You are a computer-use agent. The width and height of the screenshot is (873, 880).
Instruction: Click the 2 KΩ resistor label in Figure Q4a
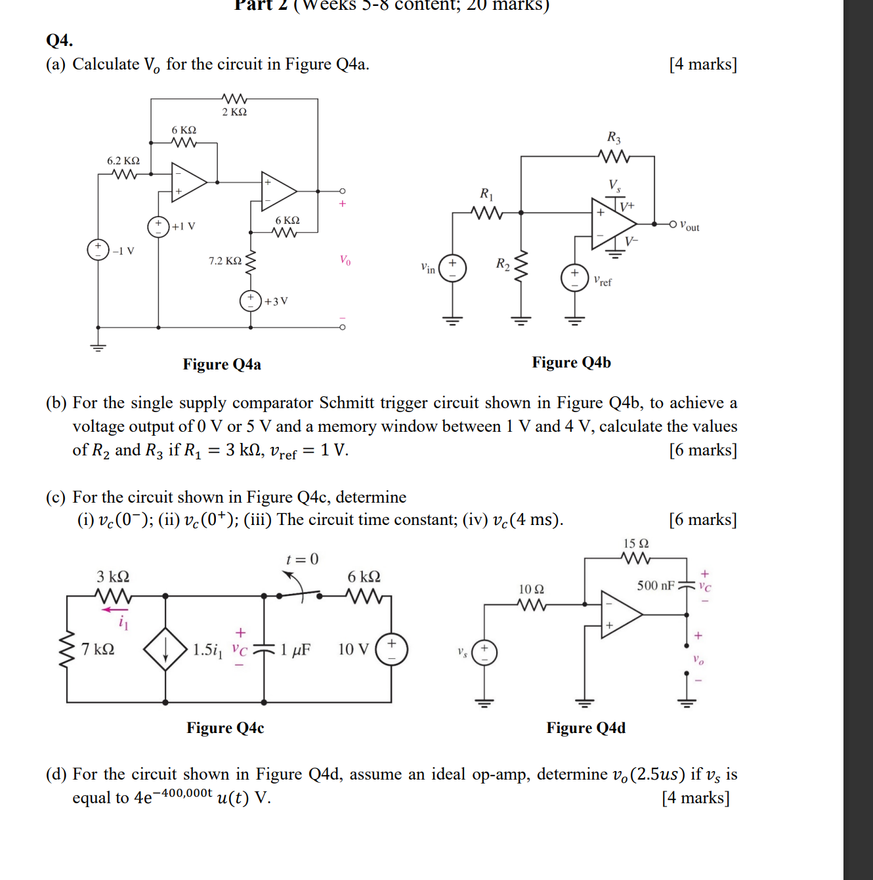click(234, 112)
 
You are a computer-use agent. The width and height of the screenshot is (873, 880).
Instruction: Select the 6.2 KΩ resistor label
click(123, 161)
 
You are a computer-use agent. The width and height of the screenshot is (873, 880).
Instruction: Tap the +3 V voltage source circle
click(250, 301)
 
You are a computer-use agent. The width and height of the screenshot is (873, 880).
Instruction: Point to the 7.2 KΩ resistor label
click(225, 261)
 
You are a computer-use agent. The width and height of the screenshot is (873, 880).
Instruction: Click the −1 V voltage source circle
click(98, 250)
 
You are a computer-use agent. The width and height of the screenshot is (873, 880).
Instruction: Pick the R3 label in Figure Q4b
click(614, 137)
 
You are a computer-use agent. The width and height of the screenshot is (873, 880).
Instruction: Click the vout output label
click(689, 226)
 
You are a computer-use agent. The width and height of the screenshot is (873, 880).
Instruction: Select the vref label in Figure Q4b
click(603, 281)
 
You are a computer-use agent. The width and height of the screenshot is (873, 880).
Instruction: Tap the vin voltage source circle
click(452, 268)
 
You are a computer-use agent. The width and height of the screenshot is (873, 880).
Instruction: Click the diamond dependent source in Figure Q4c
click(165, 649)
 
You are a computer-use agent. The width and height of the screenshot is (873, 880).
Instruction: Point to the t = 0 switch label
click(302, 559)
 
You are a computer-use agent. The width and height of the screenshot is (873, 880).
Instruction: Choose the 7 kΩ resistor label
click(98, 649)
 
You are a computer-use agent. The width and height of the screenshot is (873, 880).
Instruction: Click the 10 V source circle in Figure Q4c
click(391, 649)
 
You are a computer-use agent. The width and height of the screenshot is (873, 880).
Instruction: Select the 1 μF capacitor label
click(295, 650)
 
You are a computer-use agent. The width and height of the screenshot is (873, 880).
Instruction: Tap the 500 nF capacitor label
click(655, 585)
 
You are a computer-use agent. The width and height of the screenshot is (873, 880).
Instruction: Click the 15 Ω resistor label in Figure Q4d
click(635, 543)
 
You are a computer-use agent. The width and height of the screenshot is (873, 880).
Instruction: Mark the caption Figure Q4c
click(225, 728)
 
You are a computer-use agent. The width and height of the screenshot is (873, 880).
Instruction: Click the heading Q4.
click(59, 41)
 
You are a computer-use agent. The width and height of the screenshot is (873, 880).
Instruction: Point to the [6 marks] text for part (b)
click(703, 450)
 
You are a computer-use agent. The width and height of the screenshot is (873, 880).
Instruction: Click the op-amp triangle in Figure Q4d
click(620, 614)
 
